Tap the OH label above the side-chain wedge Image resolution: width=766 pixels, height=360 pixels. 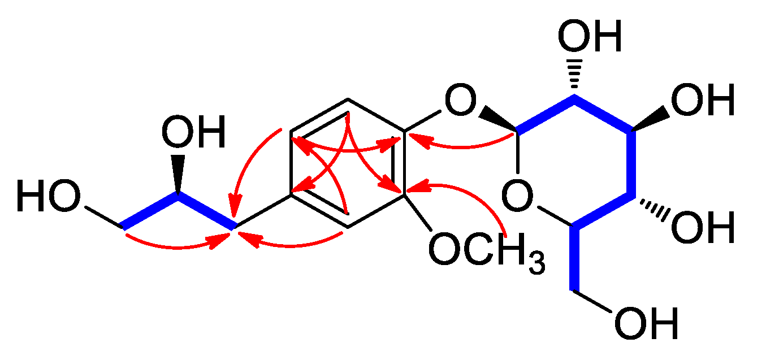tap(193, 133)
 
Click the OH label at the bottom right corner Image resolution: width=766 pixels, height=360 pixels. tap(645, 324)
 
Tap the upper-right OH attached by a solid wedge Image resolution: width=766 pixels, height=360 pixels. tap(702, 102)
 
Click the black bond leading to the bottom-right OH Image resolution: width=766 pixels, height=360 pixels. tap(594, 302)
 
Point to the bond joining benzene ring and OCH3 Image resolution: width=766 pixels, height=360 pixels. tap(418, 213)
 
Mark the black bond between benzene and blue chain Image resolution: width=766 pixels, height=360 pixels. tap(263, 211)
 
